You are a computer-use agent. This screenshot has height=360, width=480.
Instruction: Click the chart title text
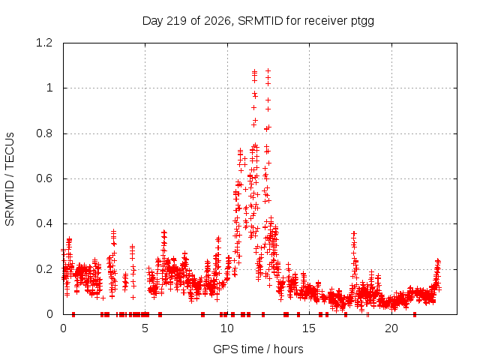pos(258,21)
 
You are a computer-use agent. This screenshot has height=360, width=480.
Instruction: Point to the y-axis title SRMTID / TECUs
pos(10,179)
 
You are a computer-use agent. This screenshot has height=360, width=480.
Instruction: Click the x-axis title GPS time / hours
pos(258,349)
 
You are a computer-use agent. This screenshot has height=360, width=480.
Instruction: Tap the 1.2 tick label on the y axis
pos(44,43)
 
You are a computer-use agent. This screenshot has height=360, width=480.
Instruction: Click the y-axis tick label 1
pos(49,88)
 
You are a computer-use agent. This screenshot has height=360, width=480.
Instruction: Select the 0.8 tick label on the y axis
pos(44,133)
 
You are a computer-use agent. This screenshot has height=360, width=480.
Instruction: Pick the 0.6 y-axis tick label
pos(44,178)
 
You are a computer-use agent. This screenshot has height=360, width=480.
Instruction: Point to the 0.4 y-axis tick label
pos(44,223)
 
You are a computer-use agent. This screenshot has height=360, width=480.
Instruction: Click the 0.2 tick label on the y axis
pos(44,269)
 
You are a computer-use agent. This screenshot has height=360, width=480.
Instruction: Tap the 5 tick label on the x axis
pos(145,328)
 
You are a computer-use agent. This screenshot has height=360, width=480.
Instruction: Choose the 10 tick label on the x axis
pos(227,328)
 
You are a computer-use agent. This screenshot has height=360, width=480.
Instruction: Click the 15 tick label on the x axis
pos(309,328)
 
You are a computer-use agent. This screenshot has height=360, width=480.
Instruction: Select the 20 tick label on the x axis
pos(391,328)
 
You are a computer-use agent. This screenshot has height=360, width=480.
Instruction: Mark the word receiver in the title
pos(325,21)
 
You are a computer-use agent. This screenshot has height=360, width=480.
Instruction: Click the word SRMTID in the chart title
pos(260,21)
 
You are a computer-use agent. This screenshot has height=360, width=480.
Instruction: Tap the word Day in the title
pos(153,22)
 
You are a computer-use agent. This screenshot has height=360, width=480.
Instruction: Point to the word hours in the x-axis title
pos(288,349)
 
